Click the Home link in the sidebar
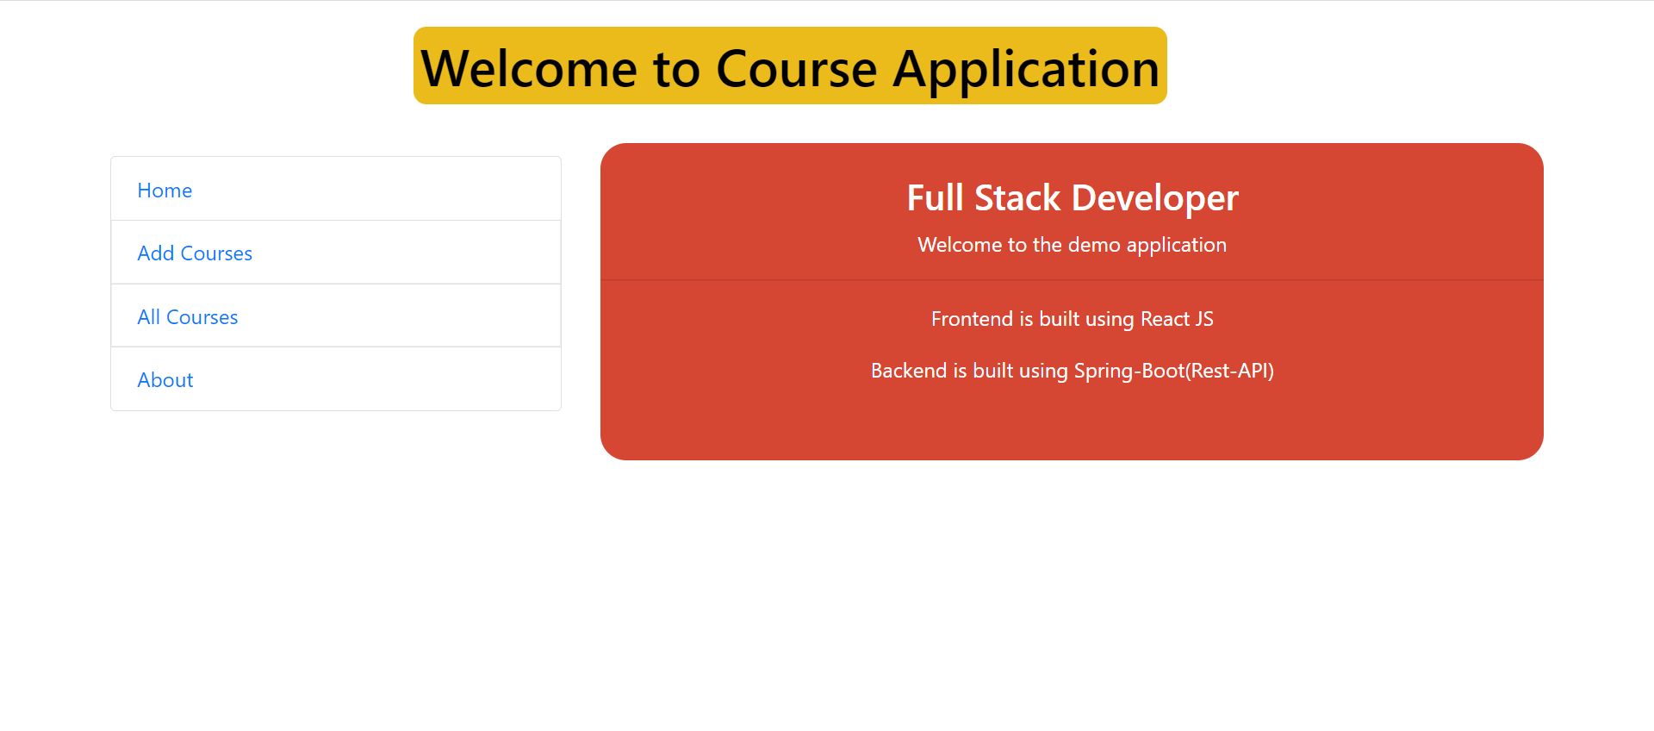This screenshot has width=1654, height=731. tap(165, 191)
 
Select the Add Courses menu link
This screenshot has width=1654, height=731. tap(195, 253)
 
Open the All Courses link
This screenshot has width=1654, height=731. tap(188, 317)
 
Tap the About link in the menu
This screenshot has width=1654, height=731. tap(165, 380)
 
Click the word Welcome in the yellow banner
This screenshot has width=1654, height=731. tap(529, 69)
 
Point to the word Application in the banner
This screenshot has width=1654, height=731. tap(1026, 69)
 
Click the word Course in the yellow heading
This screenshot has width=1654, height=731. tap(796, 69)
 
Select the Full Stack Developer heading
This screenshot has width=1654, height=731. tap(1072, 198)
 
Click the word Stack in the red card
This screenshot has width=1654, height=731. tap(1017, 198)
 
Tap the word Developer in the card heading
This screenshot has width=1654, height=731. tap(1154, 198)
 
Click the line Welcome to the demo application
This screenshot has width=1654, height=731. tap(1072, 245)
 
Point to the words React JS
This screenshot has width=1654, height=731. tap(1177, 319)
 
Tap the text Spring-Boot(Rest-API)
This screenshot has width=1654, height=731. tap(1173, 371)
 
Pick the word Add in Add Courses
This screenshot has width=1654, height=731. tap(156, 253)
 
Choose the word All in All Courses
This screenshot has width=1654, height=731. tap(149, 317)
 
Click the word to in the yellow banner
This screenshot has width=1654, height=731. tap(676, 69)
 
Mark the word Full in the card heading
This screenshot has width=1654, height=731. tap(935, 198)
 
